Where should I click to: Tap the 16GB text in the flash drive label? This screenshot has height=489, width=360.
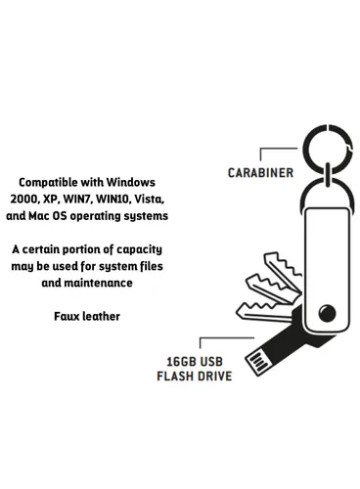178,361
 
